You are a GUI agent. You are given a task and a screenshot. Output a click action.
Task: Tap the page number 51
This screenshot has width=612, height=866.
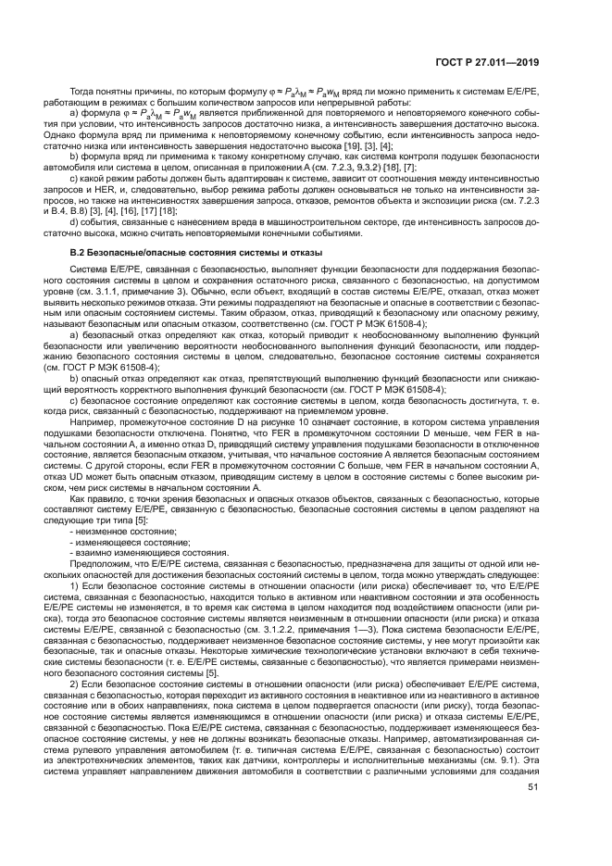click(532, 813)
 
